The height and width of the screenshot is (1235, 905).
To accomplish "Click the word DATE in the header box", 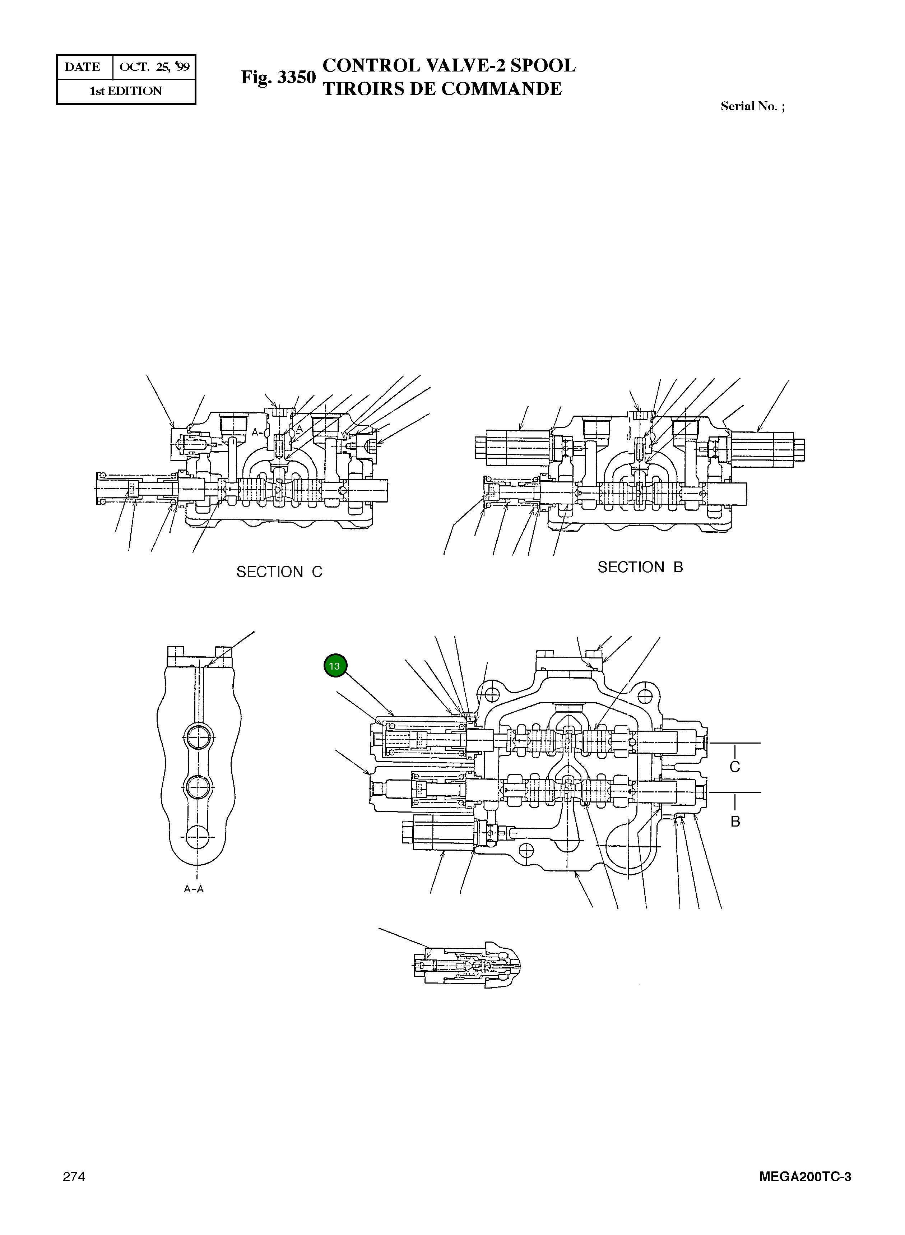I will click(x=83, y=67).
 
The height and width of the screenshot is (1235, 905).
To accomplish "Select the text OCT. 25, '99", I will click(x=154, y=67).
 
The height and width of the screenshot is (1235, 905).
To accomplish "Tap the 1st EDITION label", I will click(x=126, y=91).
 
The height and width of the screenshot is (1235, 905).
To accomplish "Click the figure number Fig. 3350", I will click(x=278, y=77).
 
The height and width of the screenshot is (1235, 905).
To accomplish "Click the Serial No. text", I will click(x=752, y=106).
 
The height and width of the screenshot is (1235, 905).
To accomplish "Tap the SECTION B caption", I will click(x=640, y=567).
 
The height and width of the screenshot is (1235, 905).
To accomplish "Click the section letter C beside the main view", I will click(x=735, y=767).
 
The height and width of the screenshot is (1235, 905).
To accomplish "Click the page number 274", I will click(x=74, y=1176).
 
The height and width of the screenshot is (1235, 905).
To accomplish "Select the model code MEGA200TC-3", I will click(x=805, y=1177).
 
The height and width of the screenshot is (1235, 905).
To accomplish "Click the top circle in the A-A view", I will click(x=198, y=737).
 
